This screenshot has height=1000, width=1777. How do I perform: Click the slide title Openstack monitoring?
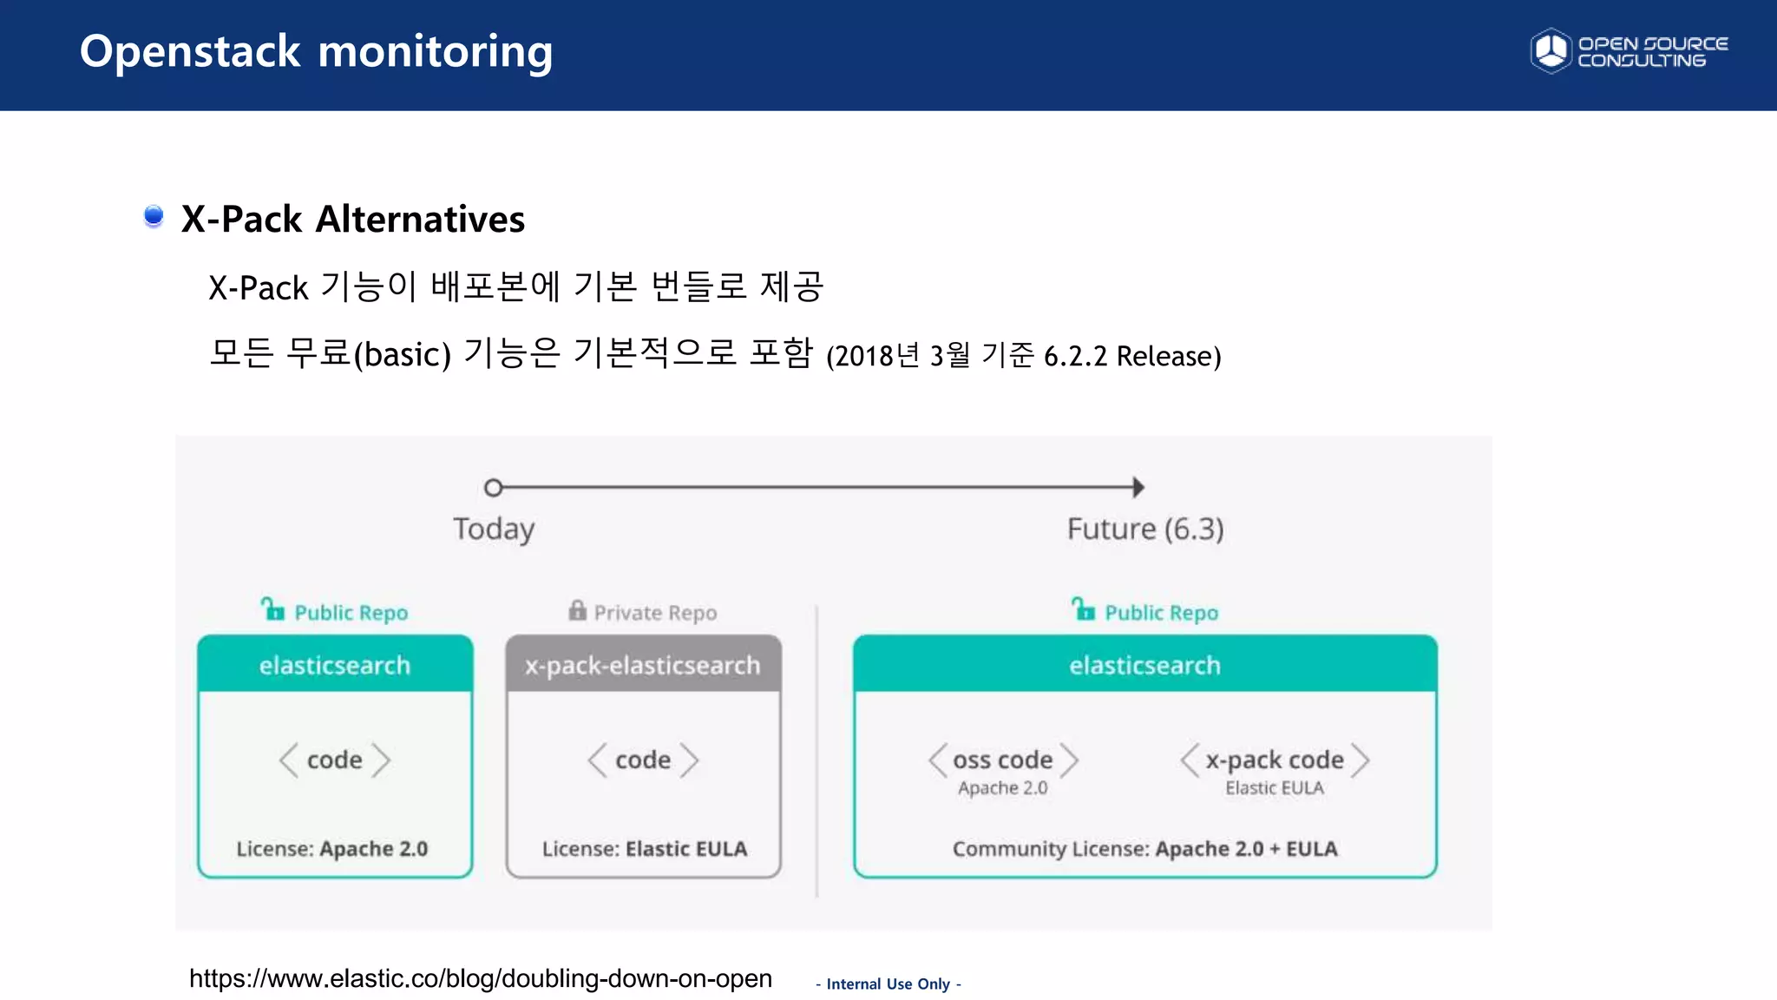316,52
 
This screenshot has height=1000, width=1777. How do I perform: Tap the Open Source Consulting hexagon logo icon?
1551,51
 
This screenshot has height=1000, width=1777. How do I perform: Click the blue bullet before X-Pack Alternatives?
154,215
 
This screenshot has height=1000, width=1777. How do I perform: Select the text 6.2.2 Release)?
1131,356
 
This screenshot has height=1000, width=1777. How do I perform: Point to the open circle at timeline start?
493,488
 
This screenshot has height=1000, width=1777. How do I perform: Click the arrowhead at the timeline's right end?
1138,488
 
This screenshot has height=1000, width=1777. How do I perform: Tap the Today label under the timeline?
494,529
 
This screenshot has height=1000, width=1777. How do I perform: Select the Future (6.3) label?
1145,529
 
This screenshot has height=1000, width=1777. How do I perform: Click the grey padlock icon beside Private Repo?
577,610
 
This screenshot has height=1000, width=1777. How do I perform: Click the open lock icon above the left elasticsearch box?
272,609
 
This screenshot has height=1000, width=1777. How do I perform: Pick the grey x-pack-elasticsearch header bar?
643,665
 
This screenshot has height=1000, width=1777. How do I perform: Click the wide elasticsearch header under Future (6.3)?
1144,665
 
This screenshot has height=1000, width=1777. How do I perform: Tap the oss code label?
1002,760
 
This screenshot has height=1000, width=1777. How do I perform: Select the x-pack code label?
1274,760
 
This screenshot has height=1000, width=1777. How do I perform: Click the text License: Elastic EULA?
644,848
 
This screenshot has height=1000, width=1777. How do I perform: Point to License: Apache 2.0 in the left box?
332,848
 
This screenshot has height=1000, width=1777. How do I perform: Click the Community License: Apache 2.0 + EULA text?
1144,848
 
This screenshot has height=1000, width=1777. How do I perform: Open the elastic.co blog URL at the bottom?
480,978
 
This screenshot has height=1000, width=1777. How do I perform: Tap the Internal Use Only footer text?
888,984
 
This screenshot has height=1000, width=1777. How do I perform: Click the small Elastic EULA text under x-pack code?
1274,788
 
